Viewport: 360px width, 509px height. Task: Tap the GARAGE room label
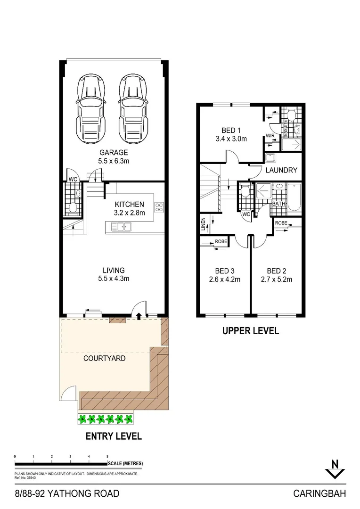pyautogui.click(x=113, y=152)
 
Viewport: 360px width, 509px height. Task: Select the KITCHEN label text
pyautogui.click(x=130, y=205)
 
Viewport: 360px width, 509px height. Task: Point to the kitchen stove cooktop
pyautogui.click(x=159, y=207)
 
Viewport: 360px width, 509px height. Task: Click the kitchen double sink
pyautogui.click(x=122, y=228)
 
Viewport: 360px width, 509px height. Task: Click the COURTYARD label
pyautogui.click(x=104, y=358)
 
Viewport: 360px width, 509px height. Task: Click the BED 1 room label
pyautogui.click(x=231, y=131)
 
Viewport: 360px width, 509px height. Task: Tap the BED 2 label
pyautogui.click(x=277, y=271)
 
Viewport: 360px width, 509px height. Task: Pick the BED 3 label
pyautogui.click(x=225, y=271)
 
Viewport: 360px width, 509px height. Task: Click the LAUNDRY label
pyautogui.click(x=281, y=170)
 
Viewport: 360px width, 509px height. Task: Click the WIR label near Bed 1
pyautogui.click(x=270, y=136)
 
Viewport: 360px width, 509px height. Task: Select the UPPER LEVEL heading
pyautogui.click(x=250, y=331)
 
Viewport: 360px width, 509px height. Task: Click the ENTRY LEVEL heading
pyautogui.click(x=114, y=436)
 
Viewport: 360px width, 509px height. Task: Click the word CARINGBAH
pyautogui.click(x=319, y=493)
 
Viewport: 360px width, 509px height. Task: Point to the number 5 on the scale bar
pyautogui.click(x=107, y=457)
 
